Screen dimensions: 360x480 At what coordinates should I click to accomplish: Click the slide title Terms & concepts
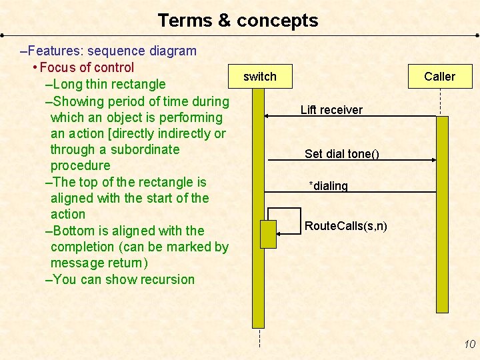pyautogui.click(x=238, y=21)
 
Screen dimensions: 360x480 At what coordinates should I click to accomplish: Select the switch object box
pyautogui.click(x=259, y=77)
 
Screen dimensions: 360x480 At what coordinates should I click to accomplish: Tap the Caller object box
pyautogui.click(x=439, y=77)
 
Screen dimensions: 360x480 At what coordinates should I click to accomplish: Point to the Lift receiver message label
pyautogui.click(x=331, y=110)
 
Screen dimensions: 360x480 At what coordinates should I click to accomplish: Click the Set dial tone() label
pyautogui.click(x=342, y=154)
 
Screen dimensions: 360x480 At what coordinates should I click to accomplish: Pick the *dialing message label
pyautogui.click(x=328, y=186)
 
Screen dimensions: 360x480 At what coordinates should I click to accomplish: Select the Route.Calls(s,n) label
pyautogui.click(x=345, y=226)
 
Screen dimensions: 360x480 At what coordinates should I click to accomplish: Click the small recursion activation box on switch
pyautogui.click(x=268, y=234)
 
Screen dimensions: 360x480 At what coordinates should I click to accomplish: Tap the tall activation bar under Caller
pyautogui.click(x=442, y=213)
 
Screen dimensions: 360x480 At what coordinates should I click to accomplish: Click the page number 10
pyautogui.click(x=469, y=344)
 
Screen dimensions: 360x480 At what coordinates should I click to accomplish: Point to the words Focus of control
pyautogui.click(x=87, y=67)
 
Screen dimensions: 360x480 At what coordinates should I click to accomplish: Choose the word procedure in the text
pyautogui.click(x=81, y=165)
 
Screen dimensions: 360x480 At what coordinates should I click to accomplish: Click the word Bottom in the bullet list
pyautogui.click(x=72, y=231)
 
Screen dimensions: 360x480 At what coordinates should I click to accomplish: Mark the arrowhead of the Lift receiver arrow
pyautogui.click(x=266, y=116)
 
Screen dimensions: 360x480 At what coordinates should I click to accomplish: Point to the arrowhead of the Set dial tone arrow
pyautogui.click(x=433, y=160)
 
